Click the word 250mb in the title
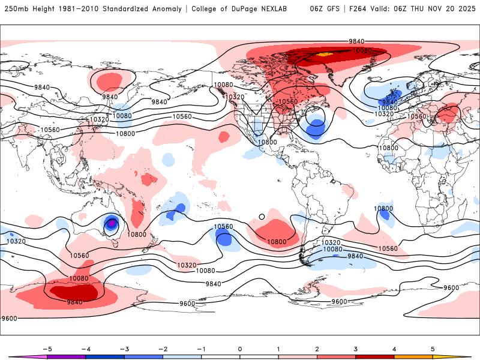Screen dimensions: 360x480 click(16, 9)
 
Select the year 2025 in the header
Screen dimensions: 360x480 click(467, 9)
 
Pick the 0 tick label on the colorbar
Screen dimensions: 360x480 click(239, 348)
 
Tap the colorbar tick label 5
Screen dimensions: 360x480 click(433, 348)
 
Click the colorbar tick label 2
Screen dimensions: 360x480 click(317, 348)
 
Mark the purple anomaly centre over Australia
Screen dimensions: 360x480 click(112, 224)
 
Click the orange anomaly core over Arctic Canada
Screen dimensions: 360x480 click(324, 54)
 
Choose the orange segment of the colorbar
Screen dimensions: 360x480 click(413, 357)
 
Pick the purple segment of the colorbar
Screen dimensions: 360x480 click(66, 357)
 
